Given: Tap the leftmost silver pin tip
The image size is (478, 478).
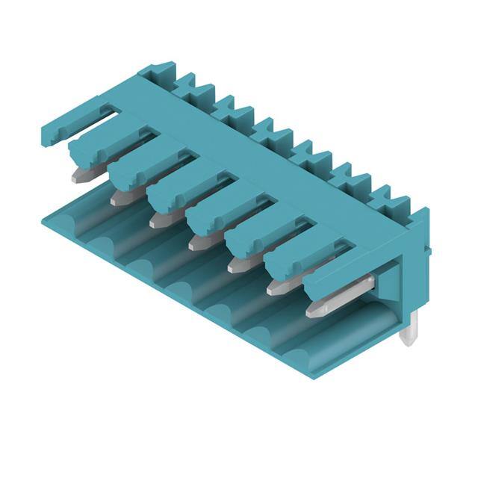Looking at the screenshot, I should point(80,176).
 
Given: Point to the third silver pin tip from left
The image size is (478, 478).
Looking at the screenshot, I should point(158,221).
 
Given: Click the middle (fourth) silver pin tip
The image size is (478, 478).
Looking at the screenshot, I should point(197,243).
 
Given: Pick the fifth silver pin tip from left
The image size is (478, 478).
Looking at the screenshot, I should point(237,265).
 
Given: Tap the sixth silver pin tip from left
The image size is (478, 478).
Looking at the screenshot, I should point(276,287).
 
